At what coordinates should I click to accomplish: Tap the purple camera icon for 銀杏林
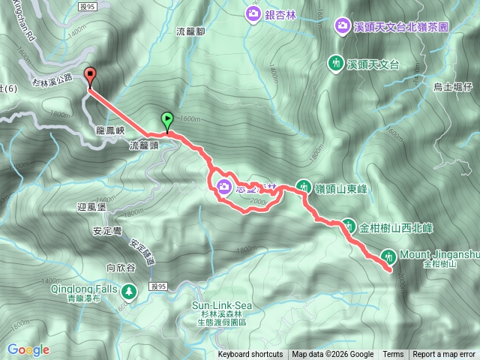click(x=252, y=13)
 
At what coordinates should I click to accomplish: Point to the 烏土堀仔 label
click(x=452, y=87)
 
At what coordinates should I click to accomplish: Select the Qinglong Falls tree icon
click(x=130, y=289)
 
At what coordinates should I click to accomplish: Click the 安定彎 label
click(x=108, y=232)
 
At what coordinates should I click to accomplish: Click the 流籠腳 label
click(x=190, y=31)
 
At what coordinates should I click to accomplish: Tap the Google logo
click(x=28, y=349)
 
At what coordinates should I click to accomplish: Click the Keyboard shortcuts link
click(x=250, y=355)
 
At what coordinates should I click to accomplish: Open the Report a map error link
click(x=445, y=355)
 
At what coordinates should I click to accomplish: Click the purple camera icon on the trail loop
click(x=223, y=187)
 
